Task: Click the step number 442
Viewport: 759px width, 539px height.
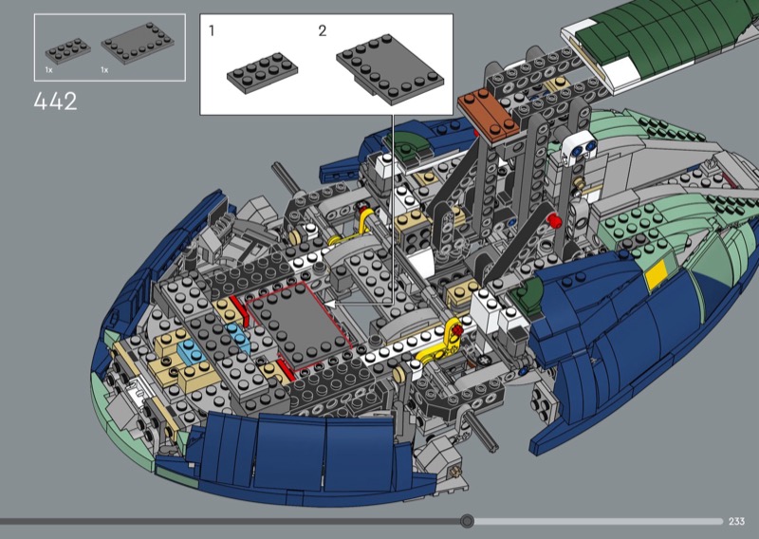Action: coord(55,102)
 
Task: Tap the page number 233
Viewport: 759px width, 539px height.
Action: coord(736,521)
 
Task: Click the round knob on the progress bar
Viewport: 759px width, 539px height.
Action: coord(467,521)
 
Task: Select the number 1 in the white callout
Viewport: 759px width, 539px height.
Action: coord(212,31)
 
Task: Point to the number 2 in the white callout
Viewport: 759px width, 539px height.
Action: coord(323,31)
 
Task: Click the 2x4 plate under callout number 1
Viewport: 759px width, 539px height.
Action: coord(263,73)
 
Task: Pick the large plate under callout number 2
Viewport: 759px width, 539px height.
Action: coord(390,68)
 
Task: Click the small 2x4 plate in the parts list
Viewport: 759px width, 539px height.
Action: coord(68,51)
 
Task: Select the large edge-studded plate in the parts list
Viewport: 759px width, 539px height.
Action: coord(138,43)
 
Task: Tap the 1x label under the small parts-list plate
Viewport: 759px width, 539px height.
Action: coord(49,69)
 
